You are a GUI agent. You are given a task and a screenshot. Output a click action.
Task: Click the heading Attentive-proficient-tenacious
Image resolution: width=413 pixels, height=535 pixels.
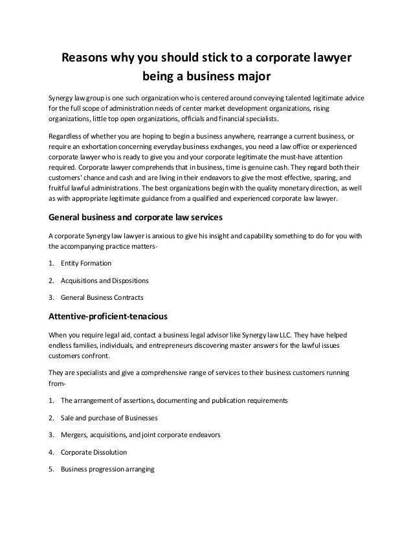pos(109,318)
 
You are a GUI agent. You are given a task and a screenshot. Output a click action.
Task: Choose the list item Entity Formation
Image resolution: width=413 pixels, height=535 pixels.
pos(86,264)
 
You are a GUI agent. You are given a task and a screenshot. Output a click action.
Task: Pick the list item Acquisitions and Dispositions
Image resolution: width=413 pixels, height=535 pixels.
pos(104,280)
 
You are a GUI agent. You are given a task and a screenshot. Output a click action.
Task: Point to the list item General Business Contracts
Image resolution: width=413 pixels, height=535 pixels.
pos(102,297)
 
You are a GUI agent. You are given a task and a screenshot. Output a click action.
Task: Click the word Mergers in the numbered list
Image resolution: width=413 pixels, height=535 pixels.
pos(75,435)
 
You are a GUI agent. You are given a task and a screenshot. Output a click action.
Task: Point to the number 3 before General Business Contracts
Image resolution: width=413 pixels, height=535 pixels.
pos(52,297)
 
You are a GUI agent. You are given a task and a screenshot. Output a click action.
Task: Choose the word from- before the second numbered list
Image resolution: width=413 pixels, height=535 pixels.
pos(58,384)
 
